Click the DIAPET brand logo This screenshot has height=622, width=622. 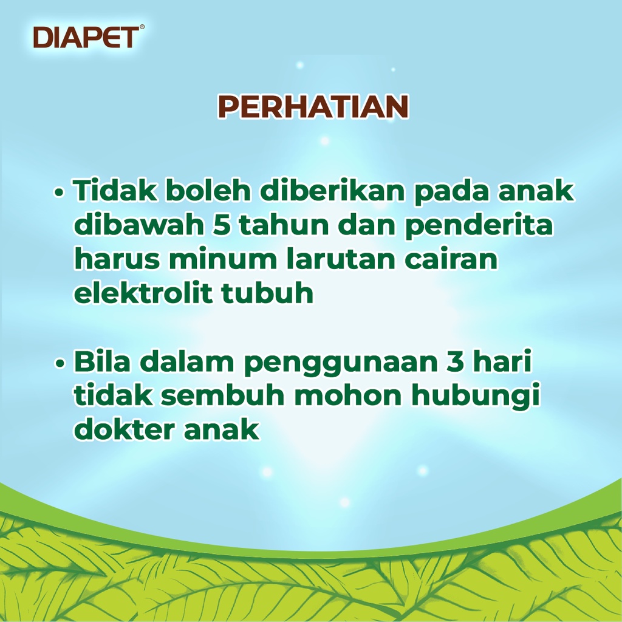(x=86, y=37)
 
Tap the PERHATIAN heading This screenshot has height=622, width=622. (x=313, y=106)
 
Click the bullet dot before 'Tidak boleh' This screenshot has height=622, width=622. (x=59, y=193)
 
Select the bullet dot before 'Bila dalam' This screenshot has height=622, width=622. (x=60, y=363)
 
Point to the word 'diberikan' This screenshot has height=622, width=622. (x=332, y=190)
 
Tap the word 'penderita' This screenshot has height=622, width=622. (x=479, y=225)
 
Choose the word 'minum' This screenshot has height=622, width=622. (x=223, y=259)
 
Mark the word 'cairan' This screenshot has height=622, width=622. (x=451, y=259)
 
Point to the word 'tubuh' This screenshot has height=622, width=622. (x=267, y=293)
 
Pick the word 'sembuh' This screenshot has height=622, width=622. (x=223, y=395)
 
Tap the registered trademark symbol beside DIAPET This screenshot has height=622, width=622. (x=142, y=27)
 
